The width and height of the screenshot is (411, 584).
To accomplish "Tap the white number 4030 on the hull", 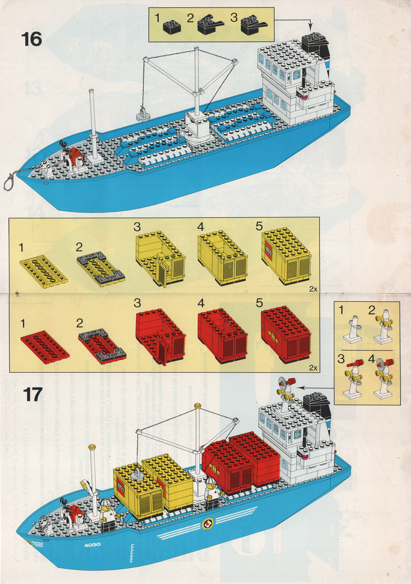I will [x=92, y=546].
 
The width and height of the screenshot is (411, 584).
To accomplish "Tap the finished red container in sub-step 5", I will [x=286, y=335].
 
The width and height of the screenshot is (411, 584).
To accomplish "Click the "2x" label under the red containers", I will [x=313, y=367].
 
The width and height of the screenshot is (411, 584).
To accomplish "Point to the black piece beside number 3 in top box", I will [x=253, y=25].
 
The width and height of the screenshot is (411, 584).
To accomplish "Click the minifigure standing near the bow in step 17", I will [x=107, y=513].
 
